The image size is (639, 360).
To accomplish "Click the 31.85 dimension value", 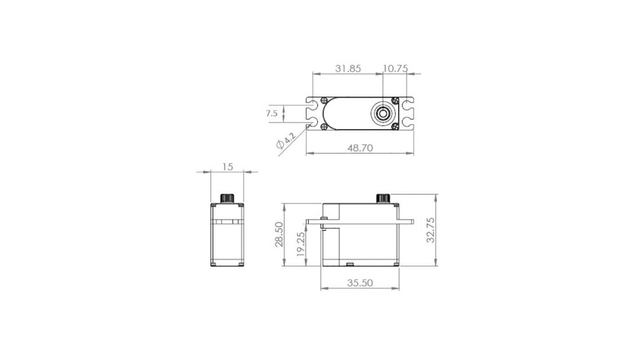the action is (348, 69).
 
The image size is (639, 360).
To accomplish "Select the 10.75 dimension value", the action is (395, 69).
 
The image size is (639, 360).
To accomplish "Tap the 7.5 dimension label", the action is (272, 113).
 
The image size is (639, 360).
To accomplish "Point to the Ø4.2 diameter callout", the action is (285, 141).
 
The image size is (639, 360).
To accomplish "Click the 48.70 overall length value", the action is (360, 147).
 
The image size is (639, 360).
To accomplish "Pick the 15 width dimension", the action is (228, 166).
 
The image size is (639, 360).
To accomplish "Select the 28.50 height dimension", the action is (279, 234).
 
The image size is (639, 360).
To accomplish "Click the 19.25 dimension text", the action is (301, 244).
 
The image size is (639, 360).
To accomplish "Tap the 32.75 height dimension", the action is (430, 230).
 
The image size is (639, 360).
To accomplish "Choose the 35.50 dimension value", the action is (360, 282).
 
